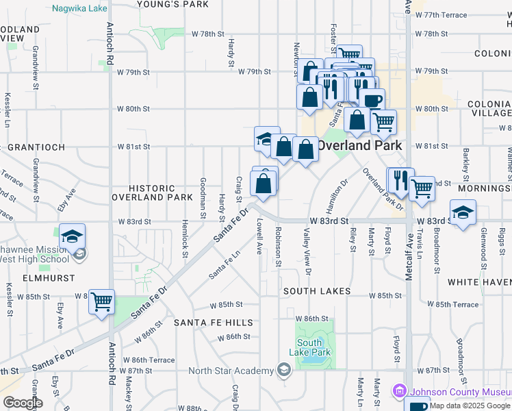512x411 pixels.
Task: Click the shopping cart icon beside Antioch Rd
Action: click(x=102, y=301)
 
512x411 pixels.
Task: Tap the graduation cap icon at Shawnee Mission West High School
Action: click(x=72, y=236)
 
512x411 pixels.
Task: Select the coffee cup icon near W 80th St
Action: click(x=372, y=101)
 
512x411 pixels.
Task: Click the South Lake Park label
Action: click(x=313, y=347)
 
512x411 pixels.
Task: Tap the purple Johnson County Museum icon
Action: click(x=400, y=391)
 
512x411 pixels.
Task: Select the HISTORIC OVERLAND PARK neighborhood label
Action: click(x=153, y=192)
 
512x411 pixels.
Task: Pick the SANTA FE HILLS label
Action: click(x=213, y=322)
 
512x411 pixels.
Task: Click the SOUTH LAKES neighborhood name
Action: click(x=318, y=291)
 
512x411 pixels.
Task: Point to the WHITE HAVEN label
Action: click(x=479, y=282)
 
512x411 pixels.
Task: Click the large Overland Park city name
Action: click(x=359, y=145)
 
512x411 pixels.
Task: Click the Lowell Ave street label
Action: click(x=259, y=237)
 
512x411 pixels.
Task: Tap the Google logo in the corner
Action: click(x=23, y=403)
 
